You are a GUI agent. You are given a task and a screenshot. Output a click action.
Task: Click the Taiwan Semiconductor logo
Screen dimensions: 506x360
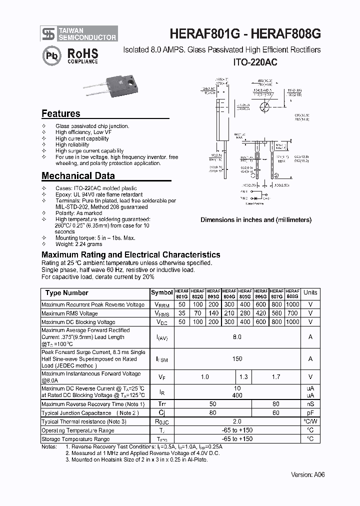click(x=48, y=33)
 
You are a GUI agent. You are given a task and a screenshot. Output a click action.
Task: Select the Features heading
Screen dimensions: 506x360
click(x=60, y=113)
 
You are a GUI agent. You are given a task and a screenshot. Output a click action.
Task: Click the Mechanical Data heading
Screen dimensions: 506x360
click(x=78, y=175)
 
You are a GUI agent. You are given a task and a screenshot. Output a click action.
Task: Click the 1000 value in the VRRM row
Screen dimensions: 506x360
click(x=293, y=304)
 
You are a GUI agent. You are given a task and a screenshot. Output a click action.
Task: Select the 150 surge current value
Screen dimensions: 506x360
click(x=237, y=358)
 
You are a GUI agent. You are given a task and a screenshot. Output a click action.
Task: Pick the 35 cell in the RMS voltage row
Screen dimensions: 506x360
click(x=182, y=313)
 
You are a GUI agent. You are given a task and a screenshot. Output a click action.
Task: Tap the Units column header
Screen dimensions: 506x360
click(x=310, y=292)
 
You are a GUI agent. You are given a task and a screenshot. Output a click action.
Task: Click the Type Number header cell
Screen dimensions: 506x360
click(x=66, y=293)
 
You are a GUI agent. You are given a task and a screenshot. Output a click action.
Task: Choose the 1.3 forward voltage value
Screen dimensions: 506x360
click(x=244, y=377)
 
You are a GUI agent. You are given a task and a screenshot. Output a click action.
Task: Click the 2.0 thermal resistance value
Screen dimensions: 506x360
click(x=237, y=421)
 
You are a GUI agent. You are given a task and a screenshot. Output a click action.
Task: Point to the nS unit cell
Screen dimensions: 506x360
click(x=310, y=404)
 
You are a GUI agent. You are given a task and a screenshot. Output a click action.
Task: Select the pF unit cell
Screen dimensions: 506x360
click(x=310, y=413)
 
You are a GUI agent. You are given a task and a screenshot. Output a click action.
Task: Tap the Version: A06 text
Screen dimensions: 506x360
click(x=308, y=474)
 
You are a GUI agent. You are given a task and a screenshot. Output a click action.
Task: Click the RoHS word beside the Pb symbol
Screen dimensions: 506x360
click(x=82, y=53)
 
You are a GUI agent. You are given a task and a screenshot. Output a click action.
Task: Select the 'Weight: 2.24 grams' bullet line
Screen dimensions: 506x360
click(x=78, y=244)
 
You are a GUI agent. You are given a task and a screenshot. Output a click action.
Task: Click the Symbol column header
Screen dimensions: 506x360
click(x=161, y=292)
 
